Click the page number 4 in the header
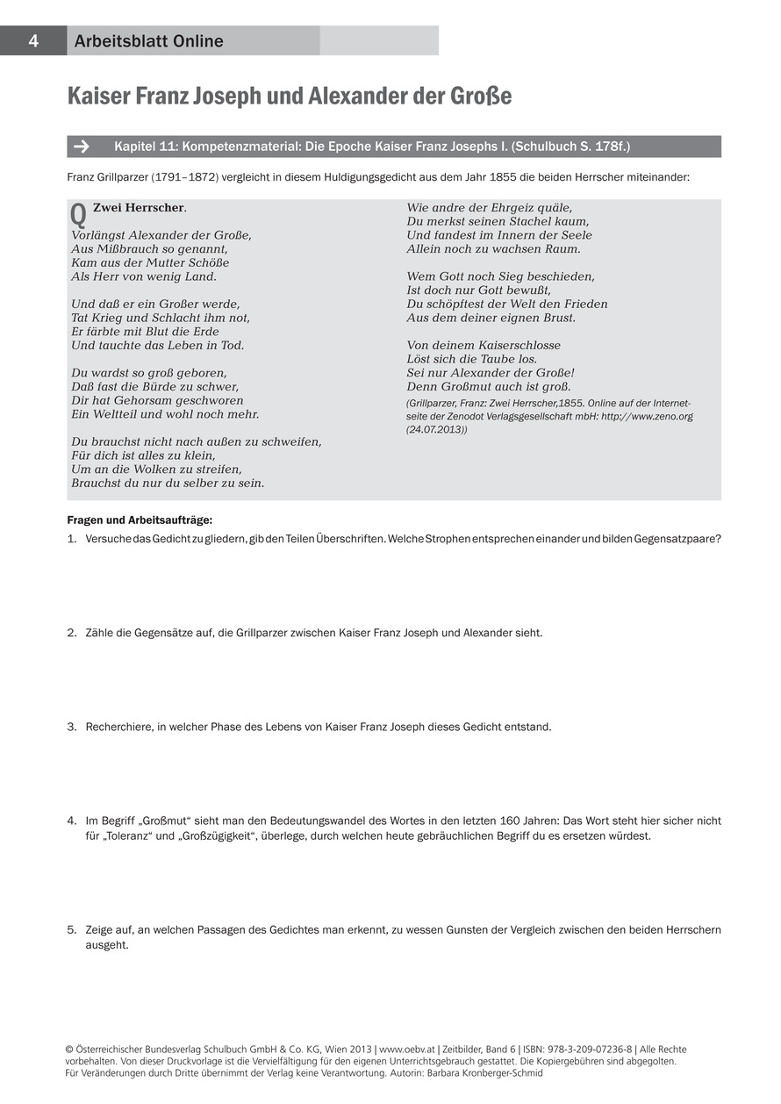click(x=32, y=41)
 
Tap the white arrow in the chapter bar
click(x=83, y=147)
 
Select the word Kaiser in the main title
click(x=97, y=97)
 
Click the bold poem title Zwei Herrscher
click(x=139, y=208)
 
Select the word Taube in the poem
click(x=494, y=359)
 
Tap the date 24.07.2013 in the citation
click(x=436, y=430)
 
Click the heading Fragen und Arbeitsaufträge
click(x=140, y=520)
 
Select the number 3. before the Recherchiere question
click(x=72, y=727)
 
